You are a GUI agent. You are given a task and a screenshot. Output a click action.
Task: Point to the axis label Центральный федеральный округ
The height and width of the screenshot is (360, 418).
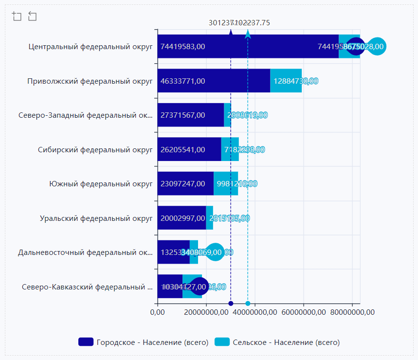(91, 47)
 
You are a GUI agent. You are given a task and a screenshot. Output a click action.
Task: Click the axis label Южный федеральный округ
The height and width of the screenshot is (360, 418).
(101, 184)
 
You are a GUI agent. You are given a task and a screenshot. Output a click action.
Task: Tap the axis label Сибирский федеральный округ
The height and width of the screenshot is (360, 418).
(95, 149)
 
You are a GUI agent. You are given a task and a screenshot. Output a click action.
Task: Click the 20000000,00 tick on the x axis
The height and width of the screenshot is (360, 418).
(206, 312)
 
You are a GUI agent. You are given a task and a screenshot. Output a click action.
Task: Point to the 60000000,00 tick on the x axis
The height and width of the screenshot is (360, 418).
(303, 312)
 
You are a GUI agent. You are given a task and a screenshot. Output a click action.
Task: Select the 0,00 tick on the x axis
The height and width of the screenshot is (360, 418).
(158, 312)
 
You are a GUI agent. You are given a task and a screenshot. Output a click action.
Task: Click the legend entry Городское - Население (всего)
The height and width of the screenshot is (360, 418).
(144, 342)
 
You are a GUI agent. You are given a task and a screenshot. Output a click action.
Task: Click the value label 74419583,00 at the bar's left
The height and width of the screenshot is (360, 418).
(182, 47)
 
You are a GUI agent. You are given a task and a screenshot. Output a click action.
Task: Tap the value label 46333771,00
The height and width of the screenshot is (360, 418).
(182, 81)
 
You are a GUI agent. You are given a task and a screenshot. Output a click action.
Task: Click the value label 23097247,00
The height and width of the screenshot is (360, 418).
(182, 184)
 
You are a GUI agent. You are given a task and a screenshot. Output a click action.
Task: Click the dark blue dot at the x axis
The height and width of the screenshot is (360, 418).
(231, 304)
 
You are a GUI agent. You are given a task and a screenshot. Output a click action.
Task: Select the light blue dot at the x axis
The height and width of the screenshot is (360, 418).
(248, 304)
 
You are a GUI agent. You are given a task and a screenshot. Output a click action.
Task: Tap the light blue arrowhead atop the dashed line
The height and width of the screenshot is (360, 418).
(248, 34)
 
